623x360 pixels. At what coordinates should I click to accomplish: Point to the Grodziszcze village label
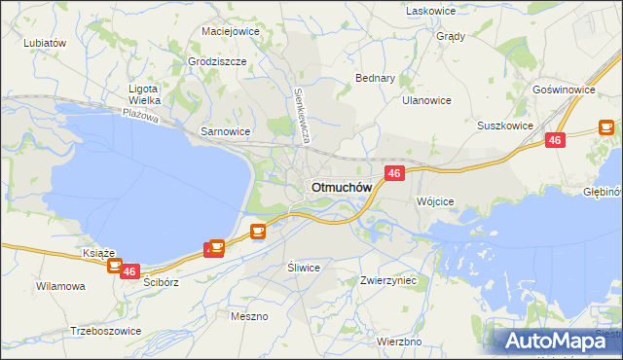[x=218, y=60]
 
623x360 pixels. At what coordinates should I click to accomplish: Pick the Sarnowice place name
[x=225, y=131]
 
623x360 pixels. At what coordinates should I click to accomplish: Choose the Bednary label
[x=375, y=78]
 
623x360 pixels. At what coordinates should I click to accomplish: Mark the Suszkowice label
[x=504, y=126]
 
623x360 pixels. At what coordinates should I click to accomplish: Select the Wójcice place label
[x=435, y=201]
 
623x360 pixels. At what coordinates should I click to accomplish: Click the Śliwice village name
[x=304, y=268]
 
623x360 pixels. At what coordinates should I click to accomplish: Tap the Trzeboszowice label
[x=106, y=331]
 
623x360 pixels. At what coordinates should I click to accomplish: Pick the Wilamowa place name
[x=60, y=287]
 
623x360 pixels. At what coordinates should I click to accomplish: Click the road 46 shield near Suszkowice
[x=555, y=140]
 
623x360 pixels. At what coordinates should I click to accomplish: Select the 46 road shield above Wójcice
[x=393, y=173]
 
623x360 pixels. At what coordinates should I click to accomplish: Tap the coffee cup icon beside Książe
[x=115, y=264]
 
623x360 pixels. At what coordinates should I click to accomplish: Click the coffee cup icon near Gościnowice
[x=605, y=126]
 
